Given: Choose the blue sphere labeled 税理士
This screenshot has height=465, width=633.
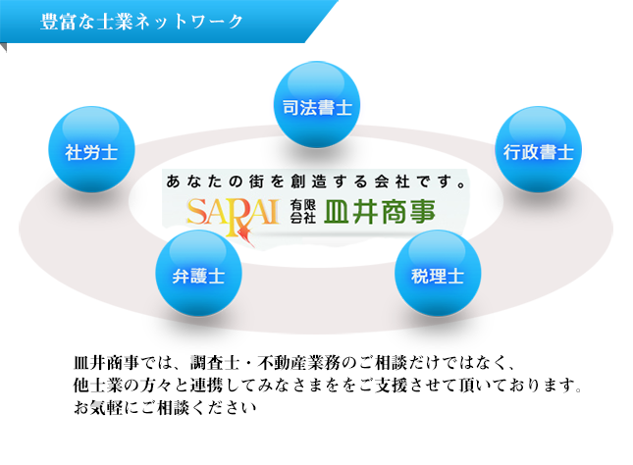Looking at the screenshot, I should pos(437,274).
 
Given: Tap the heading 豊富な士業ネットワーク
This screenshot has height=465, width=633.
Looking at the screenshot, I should pos(141,22).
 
